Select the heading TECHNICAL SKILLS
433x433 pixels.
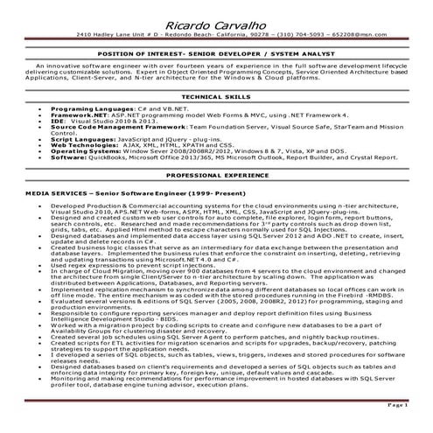216,96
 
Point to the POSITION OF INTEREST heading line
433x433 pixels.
216,54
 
